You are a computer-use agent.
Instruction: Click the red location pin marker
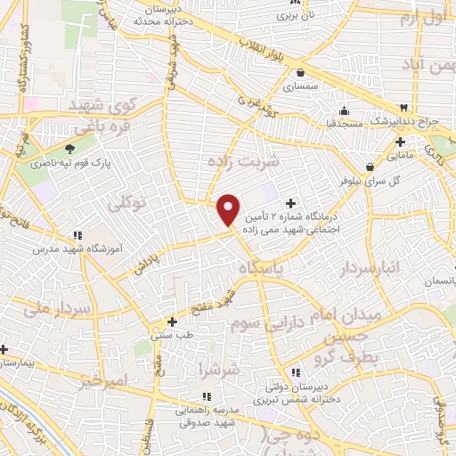(229, 209)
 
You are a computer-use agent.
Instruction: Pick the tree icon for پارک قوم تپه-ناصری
(70, 147)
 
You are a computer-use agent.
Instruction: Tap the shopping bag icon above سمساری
(301, 73)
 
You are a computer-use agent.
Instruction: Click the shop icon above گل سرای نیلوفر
(370, 166)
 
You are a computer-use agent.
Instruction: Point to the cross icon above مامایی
(401, 141)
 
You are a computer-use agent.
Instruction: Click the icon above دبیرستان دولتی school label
(295, 372)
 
